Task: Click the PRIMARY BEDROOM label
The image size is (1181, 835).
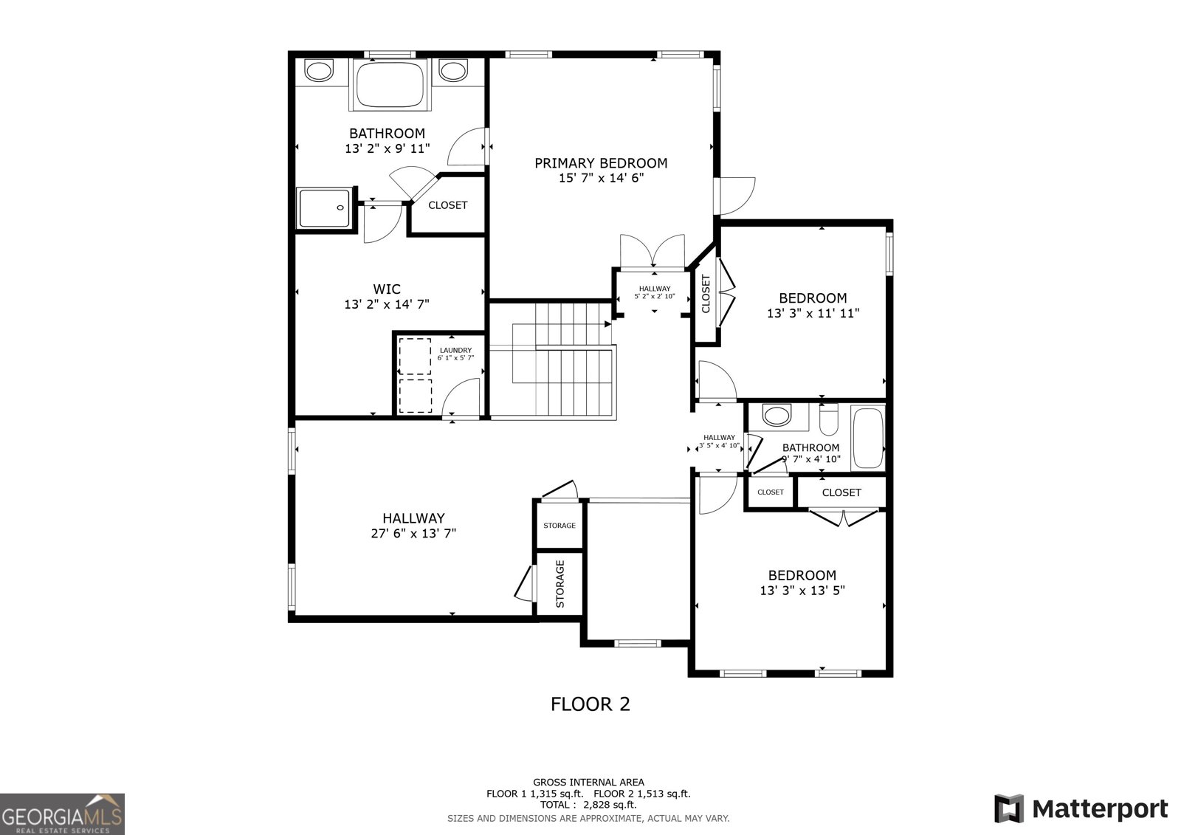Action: click(601, 163)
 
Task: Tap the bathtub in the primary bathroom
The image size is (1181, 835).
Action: click(390, 85)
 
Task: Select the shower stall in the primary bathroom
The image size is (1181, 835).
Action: click(323, 207)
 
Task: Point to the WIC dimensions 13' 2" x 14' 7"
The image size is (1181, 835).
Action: click(387, 303)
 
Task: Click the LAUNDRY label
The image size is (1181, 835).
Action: click(455, 350)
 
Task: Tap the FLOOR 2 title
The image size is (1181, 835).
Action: click(590, 704)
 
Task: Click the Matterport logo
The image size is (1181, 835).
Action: click(1081, 808)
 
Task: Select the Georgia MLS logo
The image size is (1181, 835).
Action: click(62, 814)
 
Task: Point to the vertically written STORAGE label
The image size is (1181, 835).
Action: click(559, 583)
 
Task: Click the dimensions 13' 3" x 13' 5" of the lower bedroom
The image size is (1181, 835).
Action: click(802, 591)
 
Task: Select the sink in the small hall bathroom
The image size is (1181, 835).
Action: click(776, 415)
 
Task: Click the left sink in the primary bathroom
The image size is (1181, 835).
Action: click(319, 71)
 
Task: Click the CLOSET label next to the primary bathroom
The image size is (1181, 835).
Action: click(447, 205)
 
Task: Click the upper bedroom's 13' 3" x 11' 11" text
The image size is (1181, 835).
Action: click(813, 313)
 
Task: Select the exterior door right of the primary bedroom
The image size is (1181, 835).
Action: click(737, 193)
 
